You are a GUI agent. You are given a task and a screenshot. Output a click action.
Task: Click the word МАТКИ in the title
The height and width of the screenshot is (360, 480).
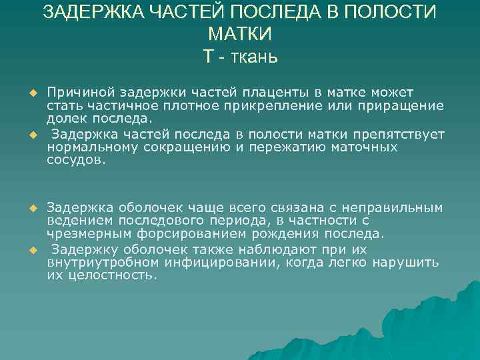(240, 34)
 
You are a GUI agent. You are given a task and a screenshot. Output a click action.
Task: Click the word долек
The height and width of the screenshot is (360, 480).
(65, 119)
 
